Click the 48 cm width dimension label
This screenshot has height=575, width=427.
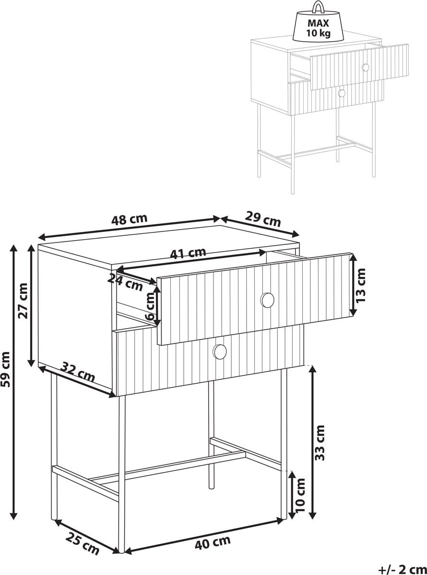coord(129,219)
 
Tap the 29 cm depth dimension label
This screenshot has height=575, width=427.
coord(263,219)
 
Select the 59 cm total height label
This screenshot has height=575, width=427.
coord(6,369)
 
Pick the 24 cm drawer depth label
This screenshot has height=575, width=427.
coord(126,282)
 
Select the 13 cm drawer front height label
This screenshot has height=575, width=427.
coord(360,286)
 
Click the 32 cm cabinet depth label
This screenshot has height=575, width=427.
coord(78,372)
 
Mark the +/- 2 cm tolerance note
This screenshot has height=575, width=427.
coord(403,568)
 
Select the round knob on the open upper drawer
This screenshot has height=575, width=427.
coord(267,300)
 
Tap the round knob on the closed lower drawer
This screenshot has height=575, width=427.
coord(220,352)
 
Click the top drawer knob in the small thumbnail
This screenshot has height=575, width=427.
coord(366,68)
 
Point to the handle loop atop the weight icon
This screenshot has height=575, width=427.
coord(319,7)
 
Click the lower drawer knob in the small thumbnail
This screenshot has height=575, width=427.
coord(342,93)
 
